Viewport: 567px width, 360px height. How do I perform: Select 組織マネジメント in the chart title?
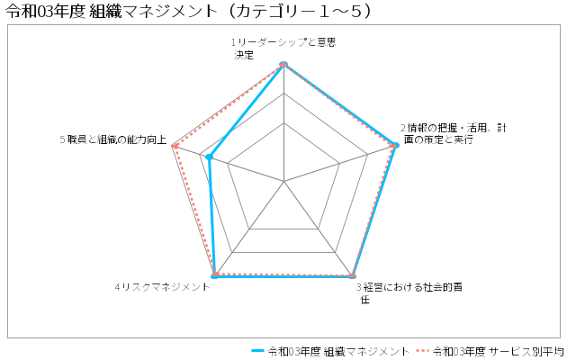click(x=152, y=11)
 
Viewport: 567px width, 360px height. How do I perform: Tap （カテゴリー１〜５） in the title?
click(x=299, y=11)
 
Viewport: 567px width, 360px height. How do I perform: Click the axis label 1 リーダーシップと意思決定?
click(x=283, y=49)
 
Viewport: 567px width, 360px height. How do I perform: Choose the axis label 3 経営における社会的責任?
click(x=409, y=293)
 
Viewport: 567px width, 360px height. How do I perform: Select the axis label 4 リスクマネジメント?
click(x=162, y=287)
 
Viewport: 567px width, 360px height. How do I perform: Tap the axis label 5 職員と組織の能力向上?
click(x=113, y=139)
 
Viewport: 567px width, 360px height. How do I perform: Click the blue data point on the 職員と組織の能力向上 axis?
click(x=209, y=157)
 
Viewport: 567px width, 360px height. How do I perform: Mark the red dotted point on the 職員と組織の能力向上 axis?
click(x=175, y=146)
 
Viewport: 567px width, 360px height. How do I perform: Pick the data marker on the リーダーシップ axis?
click(x=283, y=64)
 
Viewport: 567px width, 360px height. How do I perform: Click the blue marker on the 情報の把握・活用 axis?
click(x=396, y=145)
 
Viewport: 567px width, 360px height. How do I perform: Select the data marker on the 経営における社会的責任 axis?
click(x=353, y=276)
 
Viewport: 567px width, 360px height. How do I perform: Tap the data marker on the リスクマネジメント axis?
click(x=215, y=276)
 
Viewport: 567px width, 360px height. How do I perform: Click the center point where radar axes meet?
click(x=283, y=181)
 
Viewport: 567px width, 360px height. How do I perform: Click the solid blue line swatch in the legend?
click(x=257, y=351)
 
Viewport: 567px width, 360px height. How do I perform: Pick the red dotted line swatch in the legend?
click(x=422, y=351)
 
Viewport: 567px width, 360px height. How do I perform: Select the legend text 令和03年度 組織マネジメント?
click(x=338, y=351)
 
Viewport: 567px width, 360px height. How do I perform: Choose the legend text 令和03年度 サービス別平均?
click(x=499, y=351)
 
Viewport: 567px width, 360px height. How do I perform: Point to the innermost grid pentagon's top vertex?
click(x=283, y=122)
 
